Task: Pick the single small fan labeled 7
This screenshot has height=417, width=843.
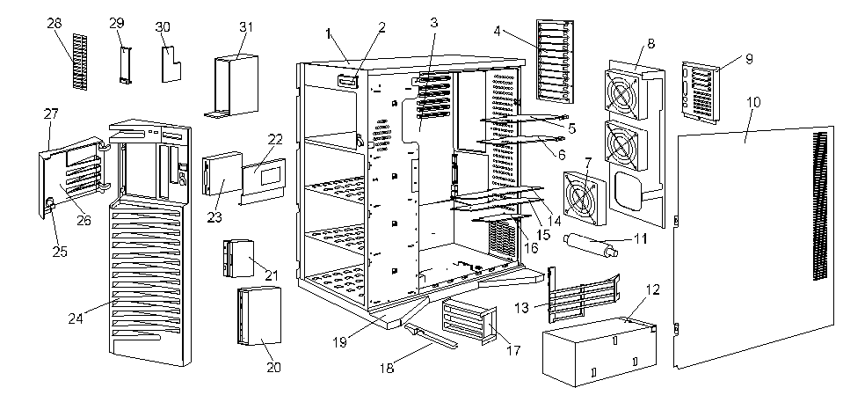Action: coord(581,193)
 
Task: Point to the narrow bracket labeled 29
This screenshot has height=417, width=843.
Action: coord(125,64)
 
